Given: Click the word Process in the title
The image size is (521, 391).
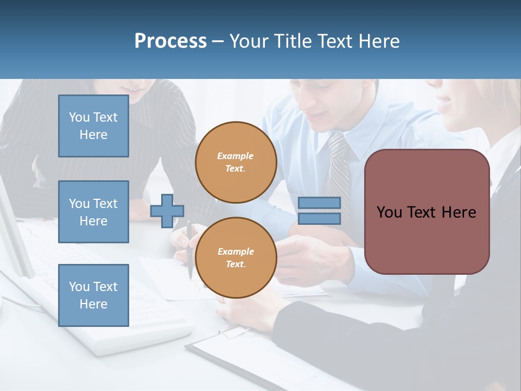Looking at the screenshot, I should click(x=170, y=41).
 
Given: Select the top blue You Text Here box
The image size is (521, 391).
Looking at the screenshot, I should click(x=93, y=126).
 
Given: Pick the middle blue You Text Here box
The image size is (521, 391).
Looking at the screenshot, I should click(x=93, y=212).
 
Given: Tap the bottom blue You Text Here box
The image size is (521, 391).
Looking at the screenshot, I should click(x=93, y=295).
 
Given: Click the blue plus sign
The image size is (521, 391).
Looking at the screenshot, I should click(x=167, y=211).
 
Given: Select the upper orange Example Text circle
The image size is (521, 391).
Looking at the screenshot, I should click(x=236, y=162).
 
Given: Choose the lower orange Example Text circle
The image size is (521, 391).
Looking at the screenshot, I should click(x=236, y=257).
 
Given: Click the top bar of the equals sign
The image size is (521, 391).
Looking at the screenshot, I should click(x=319, y=203).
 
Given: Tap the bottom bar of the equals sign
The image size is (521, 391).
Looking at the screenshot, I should click(x=319, y=218).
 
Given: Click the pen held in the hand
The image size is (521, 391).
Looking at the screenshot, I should click(x=189, y=250).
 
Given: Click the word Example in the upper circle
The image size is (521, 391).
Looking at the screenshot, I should click(x=236, y=156).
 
